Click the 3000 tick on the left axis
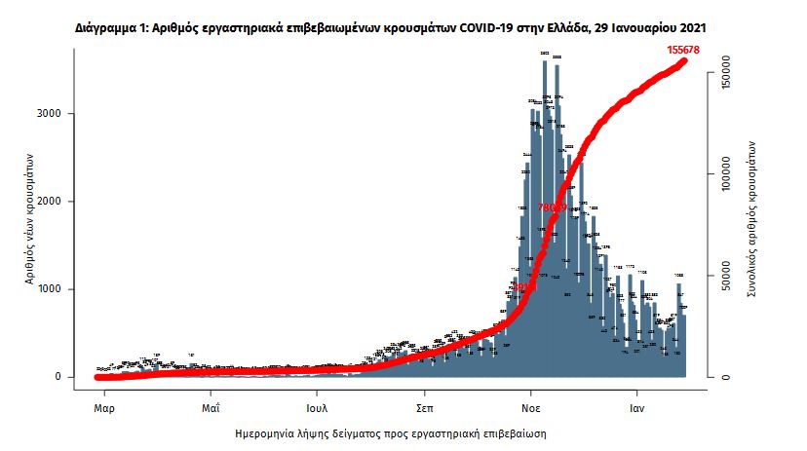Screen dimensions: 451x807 pyautogui.click(x=50, y=114)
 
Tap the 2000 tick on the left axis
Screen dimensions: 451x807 pyautogui.click(x=50, y=202)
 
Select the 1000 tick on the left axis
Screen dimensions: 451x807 pyautogui.click(x=50, y=289)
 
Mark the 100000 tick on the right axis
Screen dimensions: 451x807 pyautogui.click(x=722, y=178)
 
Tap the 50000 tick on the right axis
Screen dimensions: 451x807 pyautogui.click(x=722, y=278)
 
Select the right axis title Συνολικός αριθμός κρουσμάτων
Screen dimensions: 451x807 pyautogui.click(x=751, y=216)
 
